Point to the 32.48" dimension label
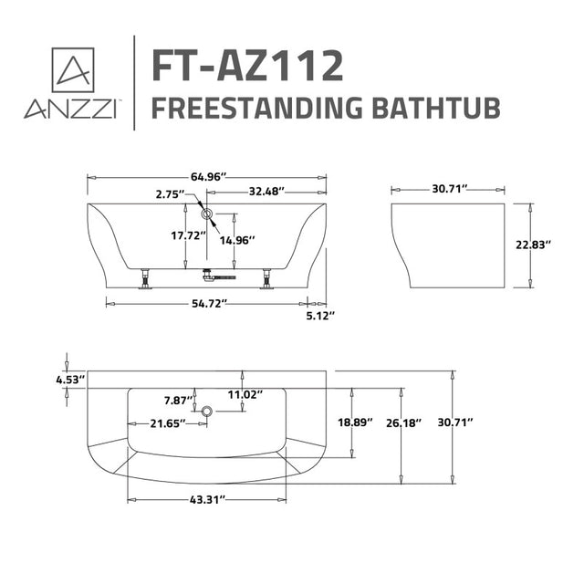click(266, 192)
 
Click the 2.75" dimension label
click(170, 194)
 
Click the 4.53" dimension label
click(70, 378)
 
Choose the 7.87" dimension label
click(178, 401)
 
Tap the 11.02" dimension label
click(246, 395)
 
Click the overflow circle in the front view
click(207, 215)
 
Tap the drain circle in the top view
click(208, 412)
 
